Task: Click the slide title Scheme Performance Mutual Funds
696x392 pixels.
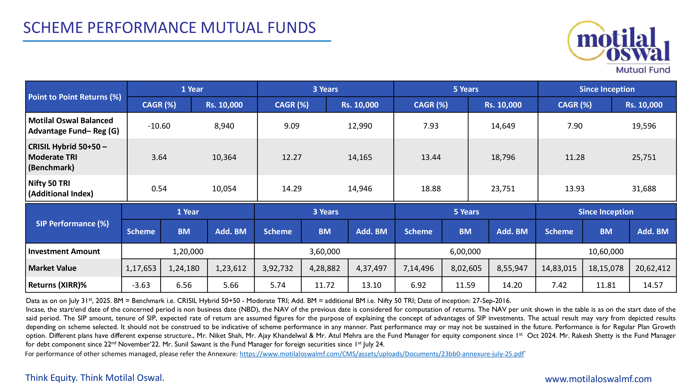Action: [x=169, y=28]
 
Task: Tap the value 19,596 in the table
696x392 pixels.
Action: [x=644, y=126]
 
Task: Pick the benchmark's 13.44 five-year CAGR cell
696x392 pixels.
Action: [x=431, y=157]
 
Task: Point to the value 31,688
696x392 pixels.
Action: [x=644, y=189]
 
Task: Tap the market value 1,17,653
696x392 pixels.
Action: [x=141, y=268]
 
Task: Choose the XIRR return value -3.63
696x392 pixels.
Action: [x=141, y=285]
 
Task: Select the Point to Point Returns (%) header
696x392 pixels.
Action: [x=75, y=97]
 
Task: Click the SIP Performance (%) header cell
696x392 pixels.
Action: [x=72, y=224]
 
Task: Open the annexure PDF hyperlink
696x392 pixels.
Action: [x=382, y=354]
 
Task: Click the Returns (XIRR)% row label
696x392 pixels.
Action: [x=57, y=285]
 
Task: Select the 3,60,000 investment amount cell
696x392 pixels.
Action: [x=325, y=252]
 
